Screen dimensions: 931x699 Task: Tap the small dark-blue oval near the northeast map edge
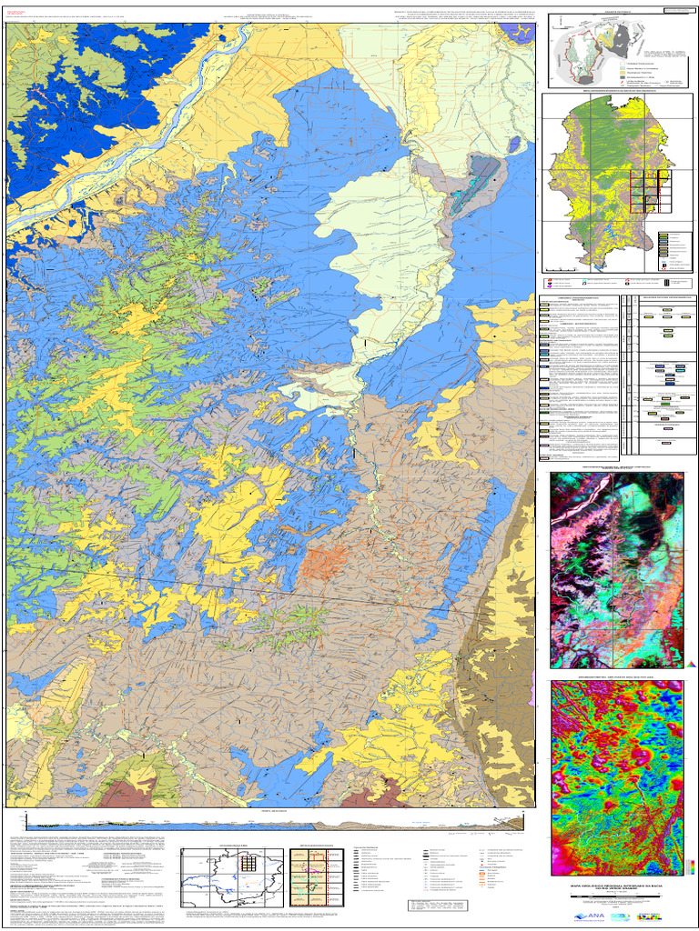click(515, 144)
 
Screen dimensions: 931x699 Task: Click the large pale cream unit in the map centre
click(382, 245)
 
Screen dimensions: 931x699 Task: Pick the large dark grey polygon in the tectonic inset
click(625, 38)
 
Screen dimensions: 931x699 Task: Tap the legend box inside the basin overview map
click(669, 253)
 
